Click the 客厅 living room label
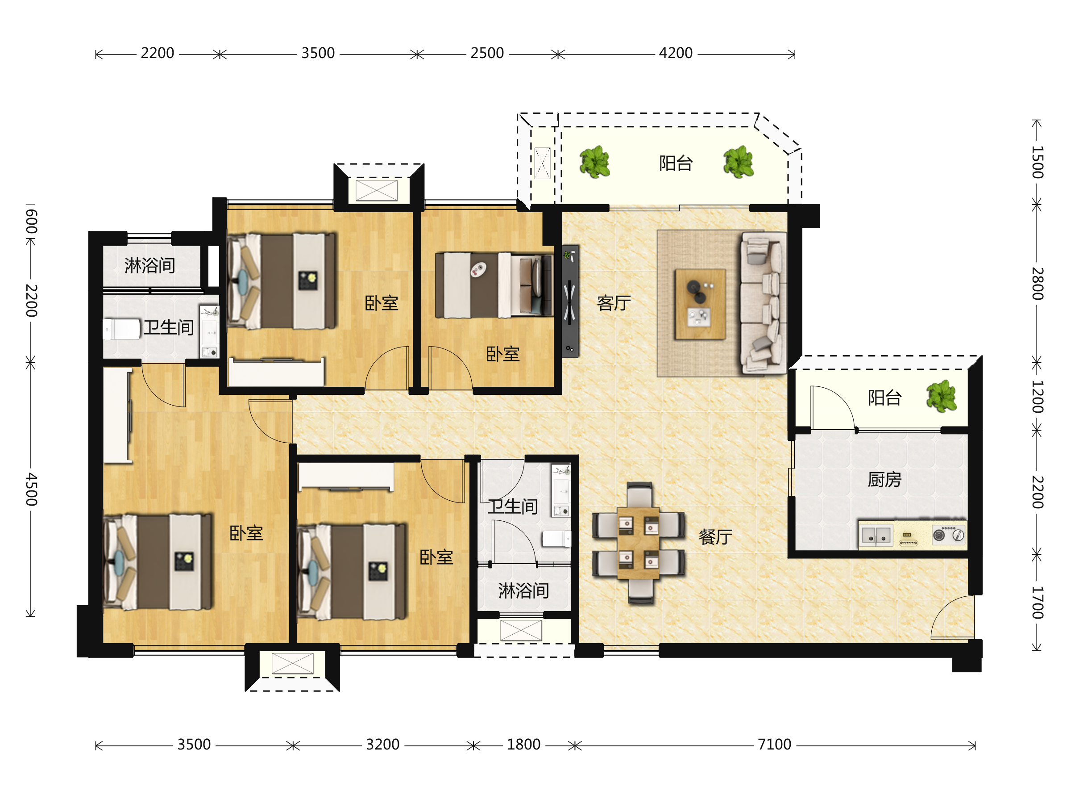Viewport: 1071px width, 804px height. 614,303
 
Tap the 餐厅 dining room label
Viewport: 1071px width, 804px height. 715,537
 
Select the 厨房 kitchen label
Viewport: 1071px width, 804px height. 884,480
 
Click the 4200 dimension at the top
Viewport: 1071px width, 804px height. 676,53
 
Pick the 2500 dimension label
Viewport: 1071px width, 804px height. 487,53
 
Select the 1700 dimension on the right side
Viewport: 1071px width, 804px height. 1037,603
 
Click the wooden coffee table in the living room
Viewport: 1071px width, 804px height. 700,304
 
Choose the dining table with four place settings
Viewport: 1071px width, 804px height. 638,543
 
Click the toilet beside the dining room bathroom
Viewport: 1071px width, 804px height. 557,538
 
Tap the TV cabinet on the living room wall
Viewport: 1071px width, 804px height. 570,301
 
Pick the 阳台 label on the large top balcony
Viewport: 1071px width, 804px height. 676,163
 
